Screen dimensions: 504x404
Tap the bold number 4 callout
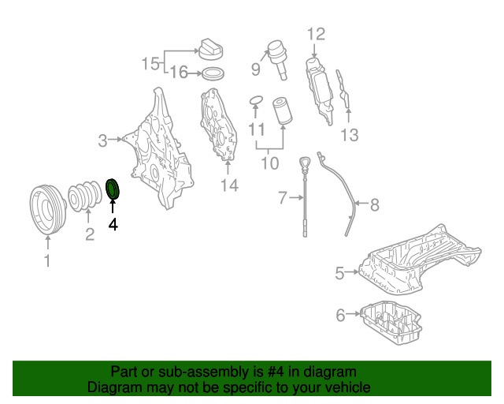[113, 224]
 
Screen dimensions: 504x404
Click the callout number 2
[90, 234]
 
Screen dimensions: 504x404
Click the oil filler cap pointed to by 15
[211, 49]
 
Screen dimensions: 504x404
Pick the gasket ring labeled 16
[213, 74]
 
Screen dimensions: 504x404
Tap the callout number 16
[179, 72]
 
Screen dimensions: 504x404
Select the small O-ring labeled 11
[256, 100]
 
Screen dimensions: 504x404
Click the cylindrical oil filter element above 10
[282, 111]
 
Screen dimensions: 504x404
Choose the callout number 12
[317, 34]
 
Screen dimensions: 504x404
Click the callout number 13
[350, 135]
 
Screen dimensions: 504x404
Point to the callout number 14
[229, 185]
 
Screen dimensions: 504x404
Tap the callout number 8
[375, 204]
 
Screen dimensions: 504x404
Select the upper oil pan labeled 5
[418, 261]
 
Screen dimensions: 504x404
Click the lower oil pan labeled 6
[391, 322]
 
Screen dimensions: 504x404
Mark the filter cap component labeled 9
[277, 60]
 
